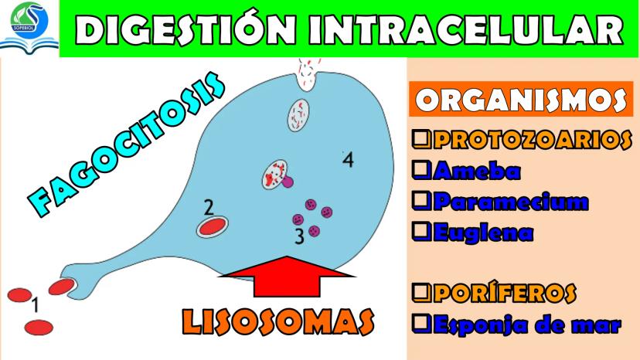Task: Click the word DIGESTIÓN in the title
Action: pos(186,29)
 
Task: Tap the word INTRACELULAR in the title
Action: pos(465,29)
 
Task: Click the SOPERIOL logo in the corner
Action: pos(29,26)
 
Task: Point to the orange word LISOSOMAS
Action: pos(277,322)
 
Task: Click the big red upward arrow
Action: pos(287,277)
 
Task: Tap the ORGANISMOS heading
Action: pos(520,99)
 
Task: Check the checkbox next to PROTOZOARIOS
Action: pos(421,139)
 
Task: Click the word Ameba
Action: pos(477,171)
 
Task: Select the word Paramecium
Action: pos(511,202)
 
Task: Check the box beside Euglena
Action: pos(421,232)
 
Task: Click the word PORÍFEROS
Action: pos(505,293)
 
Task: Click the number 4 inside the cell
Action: pos(348,160)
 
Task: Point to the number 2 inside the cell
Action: pos(209,207)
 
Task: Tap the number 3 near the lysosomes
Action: pos(300,236)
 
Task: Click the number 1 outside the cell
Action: pos(35,305)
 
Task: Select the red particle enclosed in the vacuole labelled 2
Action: pos(213,226)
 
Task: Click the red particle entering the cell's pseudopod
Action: pos(62,287)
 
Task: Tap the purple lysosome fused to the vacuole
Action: pos(288,182)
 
